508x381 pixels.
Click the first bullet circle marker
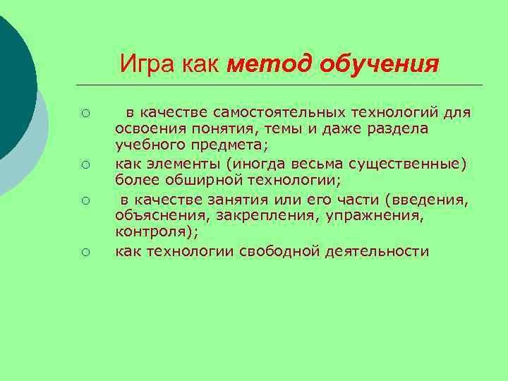[84, 114]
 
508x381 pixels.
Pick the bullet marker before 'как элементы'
[84, 165]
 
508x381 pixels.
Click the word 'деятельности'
[377, 251]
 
